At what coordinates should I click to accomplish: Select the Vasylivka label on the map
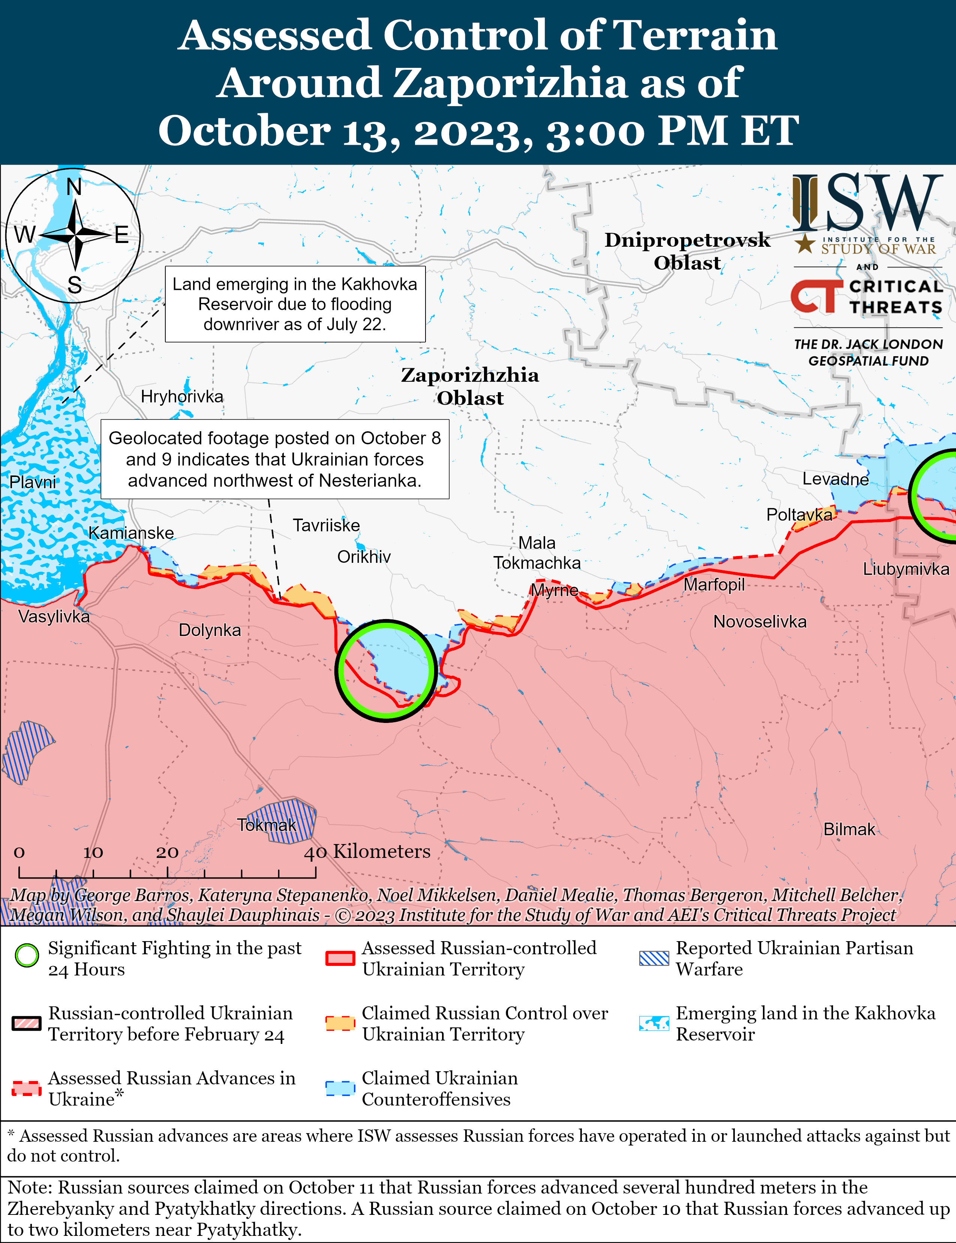[54, 616]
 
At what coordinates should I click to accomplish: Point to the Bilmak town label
[849, 829]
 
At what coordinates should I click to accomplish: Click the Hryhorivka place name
[182, 397]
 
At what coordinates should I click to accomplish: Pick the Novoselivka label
[760, 622]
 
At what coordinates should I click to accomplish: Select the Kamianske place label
[132, 533]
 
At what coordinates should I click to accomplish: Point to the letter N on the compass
[74, 187]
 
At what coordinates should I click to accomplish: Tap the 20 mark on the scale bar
[167, 853]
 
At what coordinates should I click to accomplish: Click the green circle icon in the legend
[27, 955]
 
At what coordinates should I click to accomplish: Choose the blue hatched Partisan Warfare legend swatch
[654, 958]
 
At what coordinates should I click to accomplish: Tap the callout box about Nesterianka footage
[275, 459]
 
